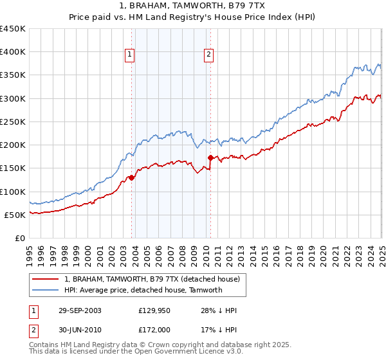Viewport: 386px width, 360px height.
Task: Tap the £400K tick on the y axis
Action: pos(13,52)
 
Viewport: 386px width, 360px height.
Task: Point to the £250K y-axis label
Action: pos(13,122)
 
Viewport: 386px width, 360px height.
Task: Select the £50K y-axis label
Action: pos(15,215)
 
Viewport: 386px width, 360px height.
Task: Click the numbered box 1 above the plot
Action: pos(130,55)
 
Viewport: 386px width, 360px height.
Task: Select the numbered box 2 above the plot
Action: pos(209,55)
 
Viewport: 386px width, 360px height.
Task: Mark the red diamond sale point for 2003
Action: pos(131,177)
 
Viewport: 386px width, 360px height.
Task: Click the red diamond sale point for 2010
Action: pos(210,157)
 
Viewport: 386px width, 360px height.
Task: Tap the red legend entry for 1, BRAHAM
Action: pos(152,279)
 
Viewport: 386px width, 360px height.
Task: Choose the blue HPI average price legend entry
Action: pos(143,290)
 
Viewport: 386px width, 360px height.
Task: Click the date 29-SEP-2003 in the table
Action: pos(79,310)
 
